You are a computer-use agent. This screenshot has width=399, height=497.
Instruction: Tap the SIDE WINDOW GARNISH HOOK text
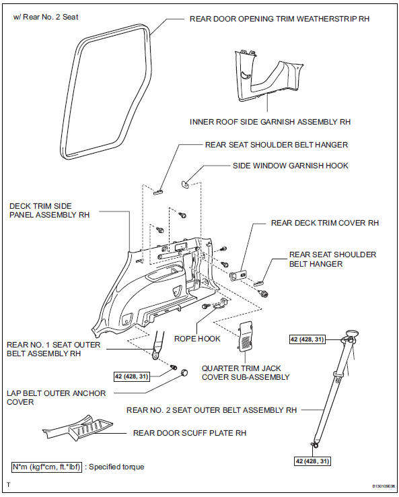(291, 165)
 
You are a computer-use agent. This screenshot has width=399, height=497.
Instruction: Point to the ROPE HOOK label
(197, 339)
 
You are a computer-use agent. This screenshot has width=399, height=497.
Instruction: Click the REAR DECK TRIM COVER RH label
(325, 222)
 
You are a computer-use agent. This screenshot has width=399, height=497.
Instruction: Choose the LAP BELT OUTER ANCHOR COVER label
(56, 397)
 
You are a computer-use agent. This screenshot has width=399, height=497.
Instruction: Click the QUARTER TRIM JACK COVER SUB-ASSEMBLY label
(245, 373)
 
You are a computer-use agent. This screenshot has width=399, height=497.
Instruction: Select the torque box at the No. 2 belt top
(307, 340)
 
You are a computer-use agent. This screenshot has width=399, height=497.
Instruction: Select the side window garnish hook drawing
(186, 182)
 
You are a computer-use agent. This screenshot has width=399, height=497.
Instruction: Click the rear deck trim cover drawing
(238, 275)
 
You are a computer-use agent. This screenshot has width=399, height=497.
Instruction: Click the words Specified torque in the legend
(116, 466)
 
